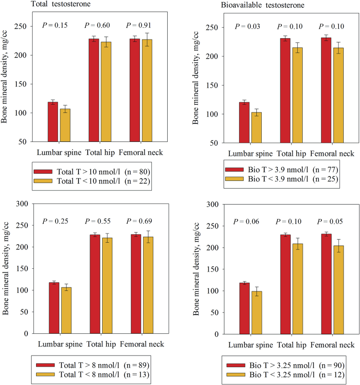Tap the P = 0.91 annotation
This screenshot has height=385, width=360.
click(x=140, y=25)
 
